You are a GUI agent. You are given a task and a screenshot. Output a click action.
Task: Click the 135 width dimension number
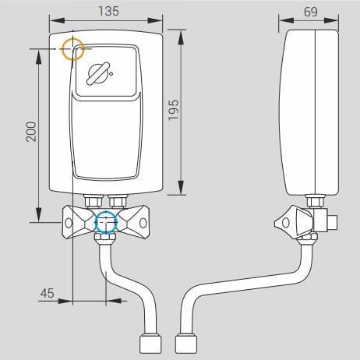pos(108,11)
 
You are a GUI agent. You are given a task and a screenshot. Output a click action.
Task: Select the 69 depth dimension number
pos(311,12)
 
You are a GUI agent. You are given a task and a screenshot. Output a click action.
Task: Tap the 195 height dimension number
pos(174,110)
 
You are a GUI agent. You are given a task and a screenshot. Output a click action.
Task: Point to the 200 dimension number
pos(31,132)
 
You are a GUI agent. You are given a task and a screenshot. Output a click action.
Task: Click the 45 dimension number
pos(48,293)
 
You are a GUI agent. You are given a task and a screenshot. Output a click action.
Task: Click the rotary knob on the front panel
pos(97,73)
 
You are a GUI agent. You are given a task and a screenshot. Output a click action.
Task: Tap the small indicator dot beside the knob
pos(111,74)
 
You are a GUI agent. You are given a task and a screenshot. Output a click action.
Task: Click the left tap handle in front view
pos(78,221)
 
